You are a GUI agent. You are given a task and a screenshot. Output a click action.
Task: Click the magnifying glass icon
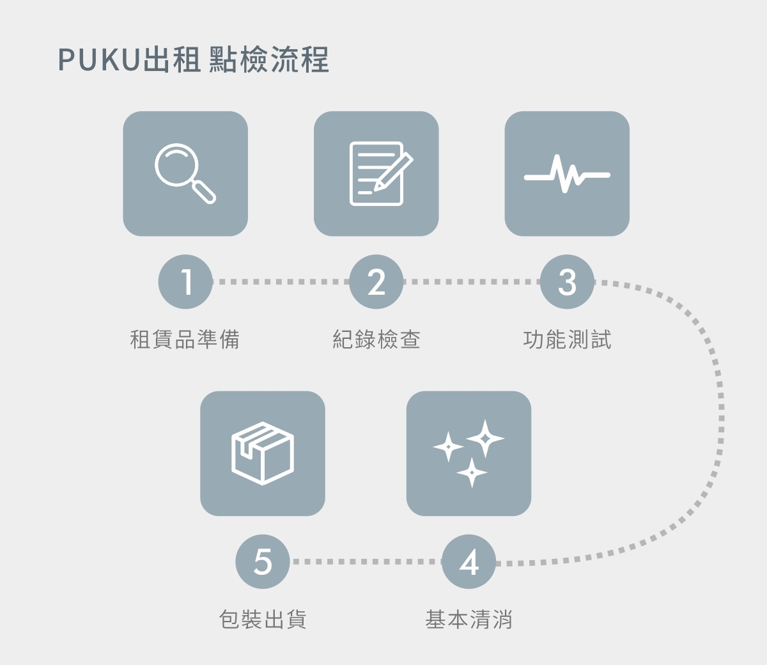[185, 174]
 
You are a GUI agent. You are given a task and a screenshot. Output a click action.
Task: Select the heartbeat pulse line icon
[567, 174]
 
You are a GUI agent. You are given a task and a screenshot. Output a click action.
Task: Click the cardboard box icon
[263, 453]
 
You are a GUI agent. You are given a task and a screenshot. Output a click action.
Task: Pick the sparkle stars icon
[469, 453]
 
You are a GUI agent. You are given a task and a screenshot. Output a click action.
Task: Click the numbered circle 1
[185, 282]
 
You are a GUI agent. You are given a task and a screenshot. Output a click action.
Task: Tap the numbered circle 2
[376, 282]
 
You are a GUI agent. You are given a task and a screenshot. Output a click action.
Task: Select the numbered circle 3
[567, 282]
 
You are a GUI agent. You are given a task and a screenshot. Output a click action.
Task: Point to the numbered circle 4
[469, 562]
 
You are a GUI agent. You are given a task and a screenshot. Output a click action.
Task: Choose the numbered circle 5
[263, 562]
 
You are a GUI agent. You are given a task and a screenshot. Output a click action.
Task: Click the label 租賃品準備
[185, 339]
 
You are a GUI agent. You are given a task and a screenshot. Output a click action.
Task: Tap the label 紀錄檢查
[376, 339]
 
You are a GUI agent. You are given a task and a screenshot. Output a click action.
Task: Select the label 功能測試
[567, 339]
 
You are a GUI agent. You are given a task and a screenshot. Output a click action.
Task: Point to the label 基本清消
[469, 619]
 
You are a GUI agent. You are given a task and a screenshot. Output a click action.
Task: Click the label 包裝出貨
[263, 619]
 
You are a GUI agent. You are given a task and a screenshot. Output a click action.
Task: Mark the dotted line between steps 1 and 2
[281, 282]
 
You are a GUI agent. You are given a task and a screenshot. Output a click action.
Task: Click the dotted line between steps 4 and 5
[366, 562]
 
